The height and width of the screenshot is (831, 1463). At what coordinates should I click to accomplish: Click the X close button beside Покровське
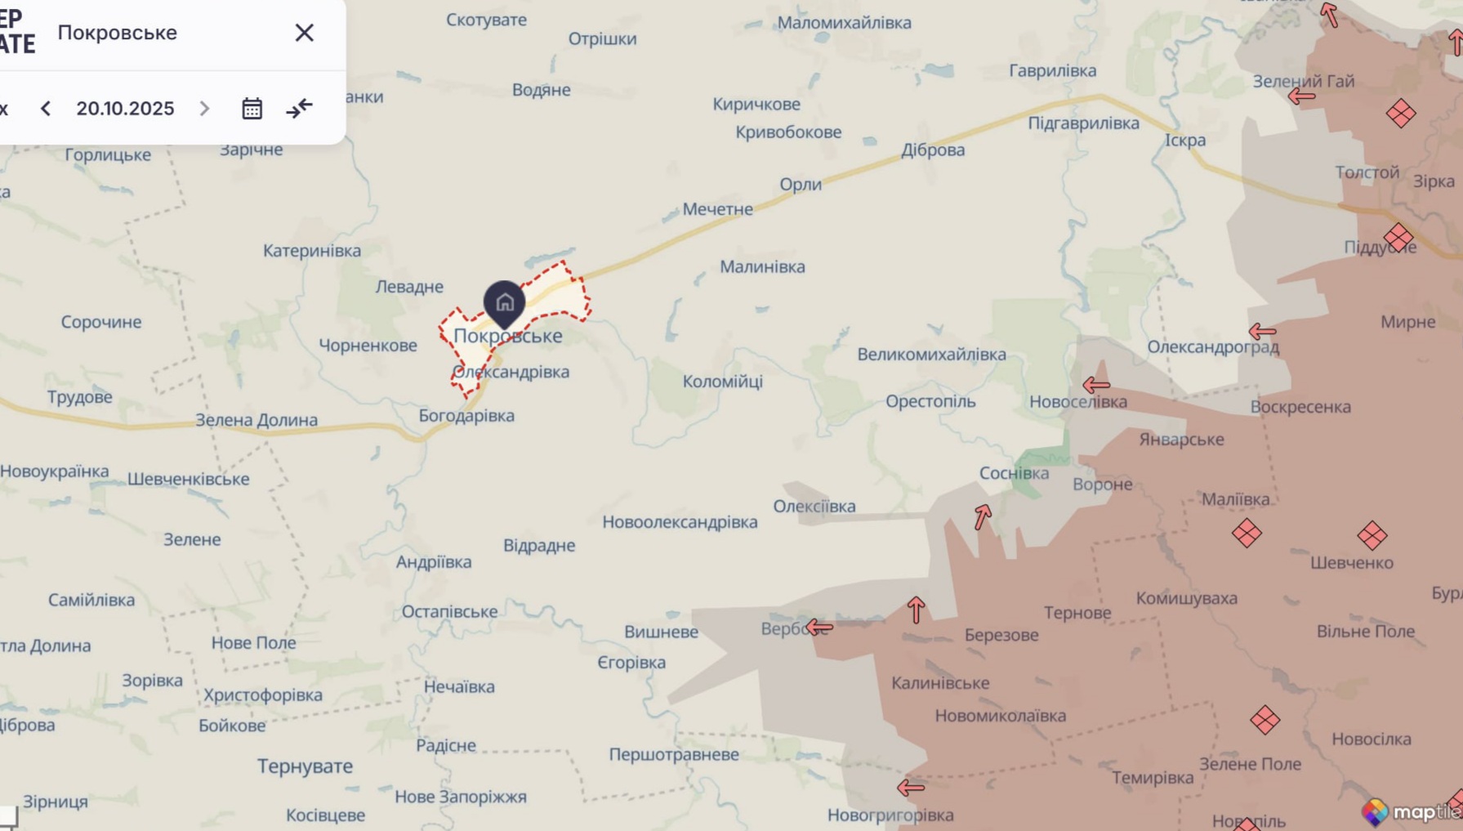point(304,33)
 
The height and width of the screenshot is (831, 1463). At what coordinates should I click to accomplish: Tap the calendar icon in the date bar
point(252,108)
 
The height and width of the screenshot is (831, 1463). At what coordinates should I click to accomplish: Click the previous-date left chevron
point(46,108)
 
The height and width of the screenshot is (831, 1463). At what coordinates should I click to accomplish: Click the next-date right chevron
point(204,108)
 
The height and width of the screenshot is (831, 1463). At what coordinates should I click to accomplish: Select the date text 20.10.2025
point(125,108)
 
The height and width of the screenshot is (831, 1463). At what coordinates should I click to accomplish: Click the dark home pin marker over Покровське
point(504,303)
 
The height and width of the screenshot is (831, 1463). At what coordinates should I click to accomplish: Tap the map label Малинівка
point(761,266)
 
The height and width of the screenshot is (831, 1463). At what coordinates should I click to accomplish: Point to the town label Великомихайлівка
point(931,355)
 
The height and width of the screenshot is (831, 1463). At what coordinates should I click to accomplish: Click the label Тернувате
point(305,766)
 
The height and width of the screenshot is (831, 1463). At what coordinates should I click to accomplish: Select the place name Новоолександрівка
point(680,522)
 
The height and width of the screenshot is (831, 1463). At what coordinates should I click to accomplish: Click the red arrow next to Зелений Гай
point(1301,96)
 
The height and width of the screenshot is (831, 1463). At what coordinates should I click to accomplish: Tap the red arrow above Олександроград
point(1262,331)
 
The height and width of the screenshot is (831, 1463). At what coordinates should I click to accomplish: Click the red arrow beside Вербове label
point(818,628)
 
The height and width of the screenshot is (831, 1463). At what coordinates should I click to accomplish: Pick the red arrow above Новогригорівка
point(910,788)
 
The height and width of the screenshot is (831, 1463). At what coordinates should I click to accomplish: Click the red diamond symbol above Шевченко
point(1372,536)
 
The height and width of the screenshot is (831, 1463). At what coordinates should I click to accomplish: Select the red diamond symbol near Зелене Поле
point(1265,721)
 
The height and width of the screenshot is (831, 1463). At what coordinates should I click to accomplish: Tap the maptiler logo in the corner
point(1411,811)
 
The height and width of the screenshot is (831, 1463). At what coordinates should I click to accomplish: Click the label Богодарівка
point(466,416)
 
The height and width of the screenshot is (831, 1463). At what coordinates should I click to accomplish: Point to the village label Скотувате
point(486,20)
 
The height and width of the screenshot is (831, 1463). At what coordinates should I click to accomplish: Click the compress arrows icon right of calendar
point(299,108)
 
